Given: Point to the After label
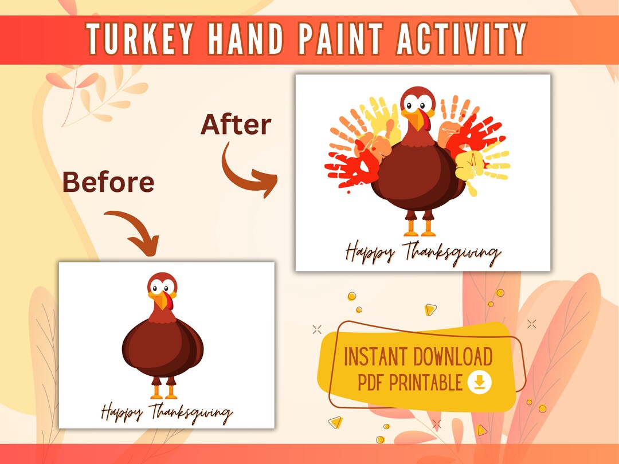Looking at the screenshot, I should pos(236,125).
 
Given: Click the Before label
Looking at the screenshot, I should pos(108,182).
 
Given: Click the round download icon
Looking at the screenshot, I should pos(480,383).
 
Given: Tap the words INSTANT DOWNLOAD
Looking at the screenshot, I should pos(418,357).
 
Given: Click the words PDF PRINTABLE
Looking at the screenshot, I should pos(410,383).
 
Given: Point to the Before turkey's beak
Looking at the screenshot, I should pos(162,301).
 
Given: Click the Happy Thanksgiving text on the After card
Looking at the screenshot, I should pos(423,253).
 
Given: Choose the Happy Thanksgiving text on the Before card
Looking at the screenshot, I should pos(167,412).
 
